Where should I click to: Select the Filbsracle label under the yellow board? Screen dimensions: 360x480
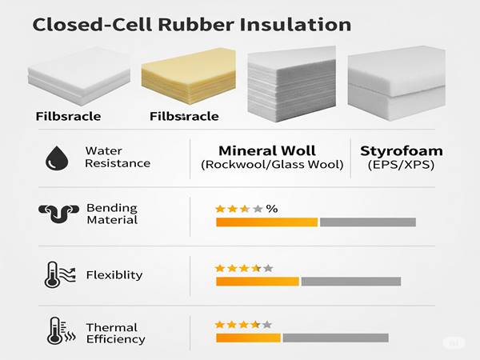click(184, 117)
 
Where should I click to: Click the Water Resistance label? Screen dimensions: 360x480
click(118, 157)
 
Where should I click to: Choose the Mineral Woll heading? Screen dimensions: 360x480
click(267, 150)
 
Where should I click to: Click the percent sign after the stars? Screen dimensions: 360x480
click(272, 209)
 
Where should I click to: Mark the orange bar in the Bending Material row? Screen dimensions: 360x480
click(266, 222)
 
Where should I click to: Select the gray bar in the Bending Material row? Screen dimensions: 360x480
click(368, 222)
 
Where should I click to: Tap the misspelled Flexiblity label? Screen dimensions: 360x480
click(114, 275)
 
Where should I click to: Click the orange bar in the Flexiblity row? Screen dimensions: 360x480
click(257, 282)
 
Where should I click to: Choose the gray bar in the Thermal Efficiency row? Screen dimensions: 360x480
click(335, 338)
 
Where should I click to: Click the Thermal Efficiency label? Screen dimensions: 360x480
click(116, 333)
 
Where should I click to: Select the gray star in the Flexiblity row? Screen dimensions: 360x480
click(268, 268)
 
